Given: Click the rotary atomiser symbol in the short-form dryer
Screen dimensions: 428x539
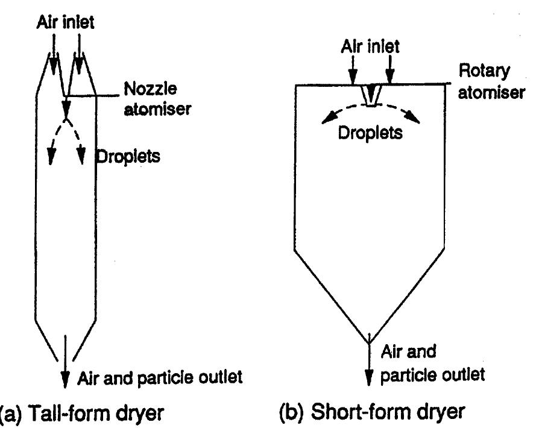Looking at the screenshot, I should pos(368,95).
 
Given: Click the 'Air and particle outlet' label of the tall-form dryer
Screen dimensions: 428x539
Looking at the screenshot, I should pos(160,378).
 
